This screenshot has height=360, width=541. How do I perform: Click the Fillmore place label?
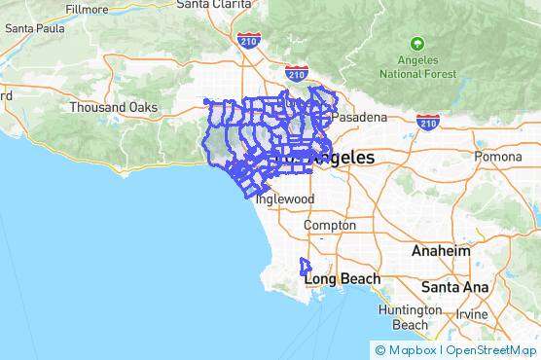(87, 9)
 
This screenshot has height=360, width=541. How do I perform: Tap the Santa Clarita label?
(212, 4)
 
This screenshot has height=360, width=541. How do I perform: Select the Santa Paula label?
(34, 28)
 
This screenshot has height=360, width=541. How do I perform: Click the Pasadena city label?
(359, 117)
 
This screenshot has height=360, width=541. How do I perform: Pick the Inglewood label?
(284, 198)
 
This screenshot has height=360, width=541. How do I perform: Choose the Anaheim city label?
(440, 251)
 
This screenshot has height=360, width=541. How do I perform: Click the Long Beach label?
(342, 279)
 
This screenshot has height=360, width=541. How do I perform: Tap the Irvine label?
(472, 314)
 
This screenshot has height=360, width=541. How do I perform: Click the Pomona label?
(497, 157)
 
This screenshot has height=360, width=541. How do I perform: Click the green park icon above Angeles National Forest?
(417, 44)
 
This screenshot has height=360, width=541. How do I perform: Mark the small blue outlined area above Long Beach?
(305, 266)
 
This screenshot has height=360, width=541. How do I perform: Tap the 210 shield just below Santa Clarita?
(246, 40)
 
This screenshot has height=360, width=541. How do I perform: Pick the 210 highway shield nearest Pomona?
(427, 122)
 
